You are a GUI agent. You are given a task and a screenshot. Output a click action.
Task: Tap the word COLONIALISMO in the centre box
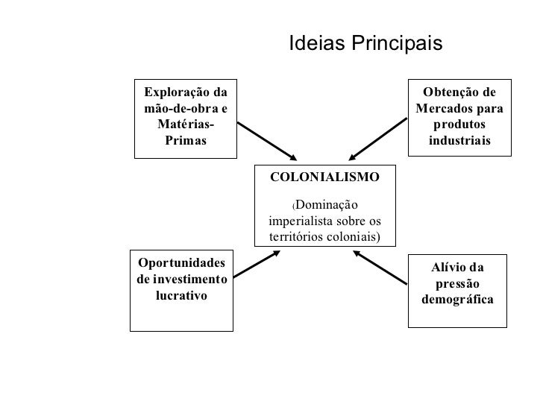(324, 177)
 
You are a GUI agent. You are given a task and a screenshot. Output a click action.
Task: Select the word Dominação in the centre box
(327, 205)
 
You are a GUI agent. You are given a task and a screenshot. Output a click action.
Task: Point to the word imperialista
(301, 221)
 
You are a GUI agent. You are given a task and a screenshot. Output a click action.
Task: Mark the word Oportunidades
(181, 263)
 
